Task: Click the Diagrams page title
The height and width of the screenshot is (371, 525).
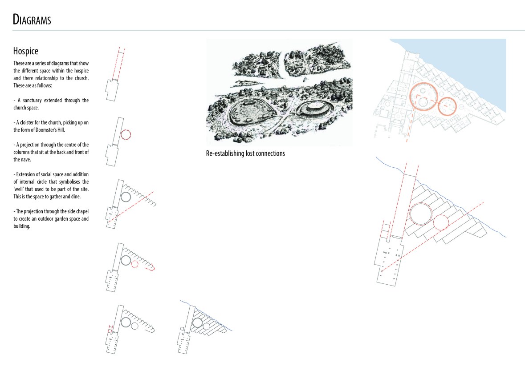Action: [32, 20]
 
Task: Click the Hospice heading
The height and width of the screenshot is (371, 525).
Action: [26, 51]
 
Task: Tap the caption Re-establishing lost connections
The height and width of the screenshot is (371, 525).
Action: [245, 153]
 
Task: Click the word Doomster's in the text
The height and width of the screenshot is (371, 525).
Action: [45, 130]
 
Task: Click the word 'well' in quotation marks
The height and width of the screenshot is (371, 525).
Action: [18, 189]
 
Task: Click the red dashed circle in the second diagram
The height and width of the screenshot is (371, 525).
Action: [126, 130]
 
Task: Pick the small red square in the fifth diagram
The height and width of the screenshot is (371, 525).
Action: [110, 331]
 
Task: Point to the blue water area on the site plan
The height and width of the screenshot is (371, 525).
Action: [469, 64]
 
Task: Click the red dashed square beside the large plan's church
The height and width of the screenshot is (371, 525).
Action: [386, 228]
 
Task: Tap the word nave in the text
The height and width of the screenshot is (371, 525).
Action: [26, 160]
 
